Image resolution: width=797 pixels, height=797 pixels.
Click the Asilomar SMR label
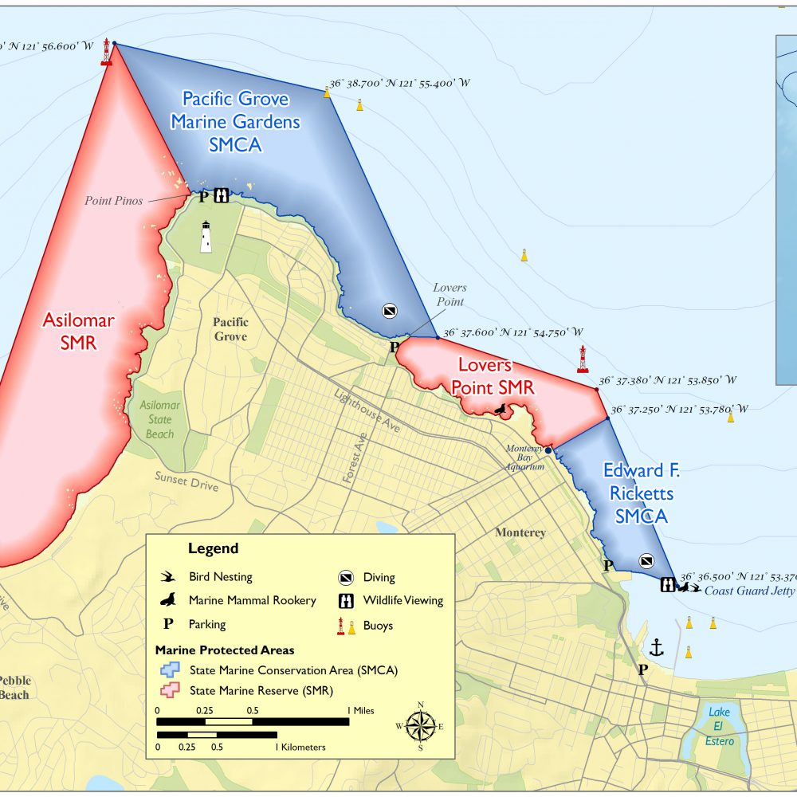click(x=78, y=332)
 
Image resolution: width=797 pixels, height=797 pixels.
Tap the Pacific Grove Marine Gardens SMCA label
click(x=235, y=121)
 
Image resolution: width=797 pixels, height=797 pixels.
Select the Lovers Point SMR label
click(x=493, y=376)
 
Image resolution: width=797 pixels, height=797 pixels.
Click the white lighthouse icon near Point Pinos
click(x=206, y=237)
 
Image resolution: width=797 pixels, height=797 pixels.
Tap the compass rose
click(x=420, y=725)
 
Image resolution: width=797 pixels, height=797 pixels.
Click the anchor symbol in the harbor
click(x=657, y=646)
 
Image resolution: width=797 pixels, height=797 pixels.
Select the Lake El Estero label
click(x=720, y=726)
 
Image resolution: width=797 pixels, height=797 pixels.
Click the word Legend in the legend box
click(x=213, y=548)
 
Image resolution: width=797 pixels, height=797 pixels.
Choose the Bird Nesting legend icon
click(x=168, y=576)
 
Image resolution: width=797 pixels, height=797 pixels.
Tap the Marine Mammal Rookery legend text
click(x=252, y=600)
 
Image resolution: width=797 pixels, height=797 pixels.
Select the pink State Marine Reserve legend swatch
click(x=168, y=689)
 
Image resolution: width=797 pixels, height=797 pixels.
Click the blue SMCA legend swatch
click(x=168, y=670)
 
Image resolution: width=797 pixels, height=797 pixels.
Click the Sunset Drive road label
click(x=186, y=482)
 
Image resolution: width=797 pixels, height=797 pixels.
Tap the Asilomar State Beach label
click(x=159, y=419)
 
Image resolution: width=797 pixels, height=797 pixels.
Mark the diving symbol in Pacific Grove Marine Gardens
click(x=389, y=310)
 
